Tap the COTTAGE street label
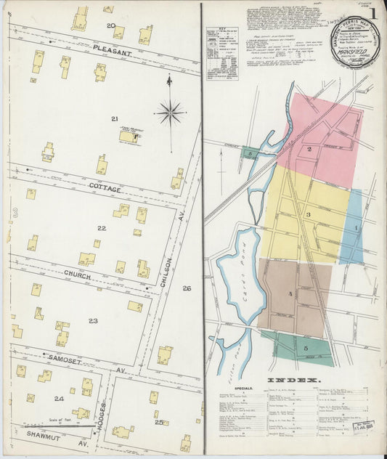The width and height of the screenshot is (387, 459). pos(105,188)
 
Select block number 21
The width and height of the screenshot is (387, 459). pos(114,118)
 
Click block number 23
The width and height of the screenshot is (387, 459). pos(93,320)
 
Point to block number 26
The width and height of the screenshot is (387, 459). pos(187,288)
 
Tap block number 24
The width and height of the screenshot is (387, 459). pos(59,398)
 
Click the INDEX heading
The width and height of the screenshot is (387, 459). pos(293,380)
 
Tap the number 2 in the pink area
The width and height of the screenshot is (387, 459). pos(309,149)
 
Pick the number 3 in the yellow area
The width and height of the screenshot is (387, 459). pos(308,215)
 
